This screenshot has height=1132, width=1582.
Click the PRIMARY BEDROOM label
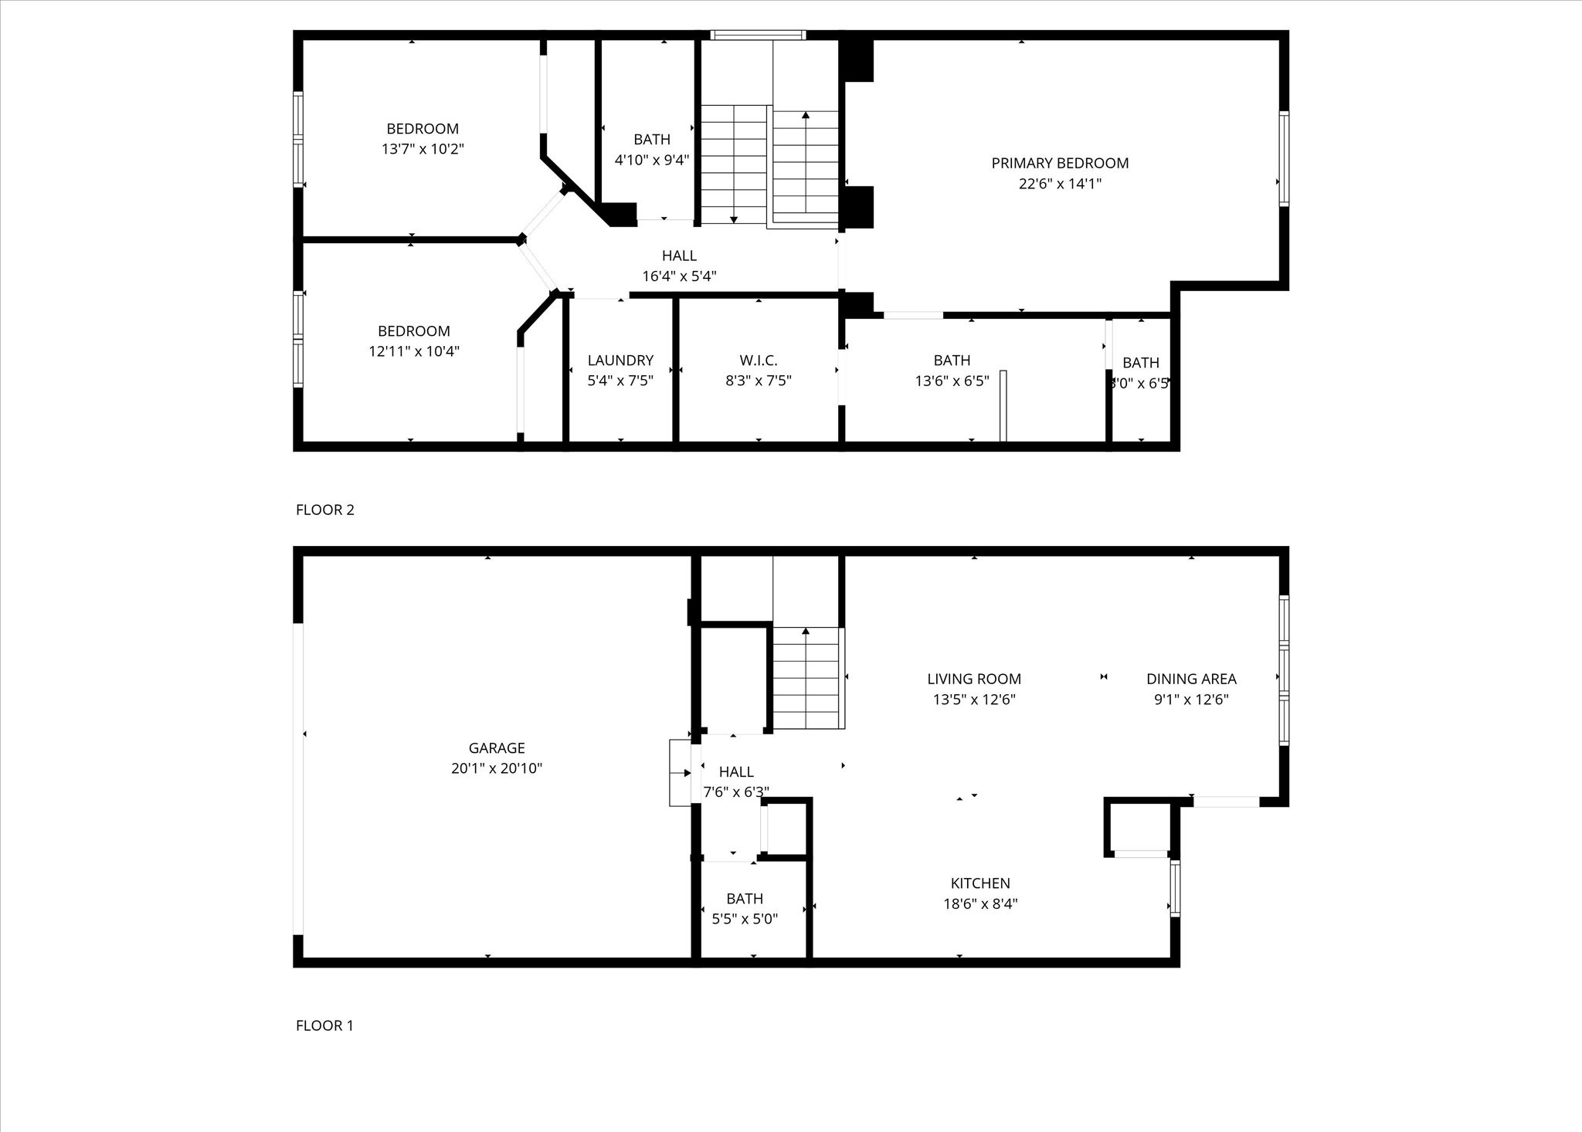click(1060, 163)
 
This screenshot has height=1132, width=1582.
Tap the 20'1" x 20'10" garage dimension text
click(497, 768)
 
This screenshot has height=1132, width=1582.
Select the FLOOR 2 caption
click(324, 510)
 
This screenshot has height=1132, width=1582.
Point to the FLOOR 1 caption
click(324, 1025)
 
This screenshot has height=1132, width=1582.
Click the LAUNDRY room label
click(620, 360)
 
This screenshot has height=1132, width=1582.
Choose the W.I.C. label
click(758, 360)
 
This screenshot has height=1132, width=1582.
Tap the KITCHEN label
click(980, 883)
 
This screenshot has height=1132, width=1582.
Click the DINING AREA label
click(1191, 679)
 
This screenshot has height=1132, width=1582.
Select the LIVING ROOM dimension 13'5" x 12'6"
click(974, 700)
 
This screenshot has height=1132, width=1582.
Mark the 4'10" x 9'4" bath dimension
click(652, 160)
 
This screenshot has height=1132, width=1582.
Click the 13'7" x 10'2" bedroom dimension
click(423, 149)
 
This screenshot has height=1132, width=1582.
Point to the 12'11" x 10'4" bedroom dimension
click(414, 351)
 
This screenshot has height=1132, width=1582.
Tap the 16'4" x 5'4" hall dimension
click(679, 276)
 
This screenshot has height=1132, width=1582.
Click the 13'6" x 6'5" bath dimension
click(952, 381)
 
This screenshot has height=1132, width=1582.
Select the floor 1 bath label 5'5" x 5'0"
click(745, 919)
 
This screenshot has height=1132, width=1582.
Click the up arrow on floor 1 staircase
click(806, 632)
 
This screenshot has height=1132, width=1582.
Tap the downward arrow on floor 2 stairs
click(734, 219)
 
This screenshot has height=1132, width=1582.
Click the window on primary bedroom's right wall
click(1284, 158)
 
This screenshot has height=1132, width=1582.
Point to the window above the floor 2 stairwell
click(758, 35)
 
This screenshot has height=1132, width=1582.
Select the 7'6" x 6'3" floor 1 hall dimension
click(736, 791)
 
